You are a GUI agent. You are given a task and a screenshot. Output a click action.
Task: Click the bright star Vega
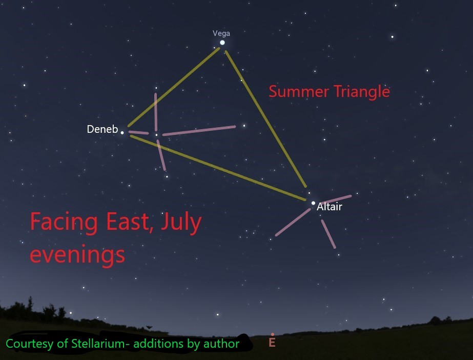click(222, 43)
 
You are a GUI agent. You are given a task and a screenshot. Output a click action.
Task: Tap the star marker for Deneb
click(122, 132)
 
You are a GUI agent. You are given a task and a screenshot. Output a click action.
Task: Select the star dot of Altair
click(313, 203)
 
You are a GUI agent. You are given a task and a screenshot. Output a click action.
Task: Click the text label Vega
click(221, 33)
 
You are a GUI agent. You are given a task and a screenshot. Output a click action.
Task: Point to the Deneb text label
click(102, 129)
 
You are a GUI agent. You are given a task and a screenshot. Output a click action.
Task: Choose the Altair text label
click(329, 207)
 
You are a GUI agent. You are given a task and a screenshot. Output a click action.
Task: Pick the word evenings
click(77, 253)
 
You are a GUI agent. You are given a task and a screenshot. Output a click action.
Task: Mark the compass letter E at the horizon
click(272, 342)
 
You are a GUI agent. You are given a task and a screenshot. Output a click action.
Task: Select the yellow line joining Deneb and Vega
click(174, 87)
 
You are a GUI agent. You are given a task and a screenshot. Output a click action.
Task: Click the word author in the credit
click(222, 344)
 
